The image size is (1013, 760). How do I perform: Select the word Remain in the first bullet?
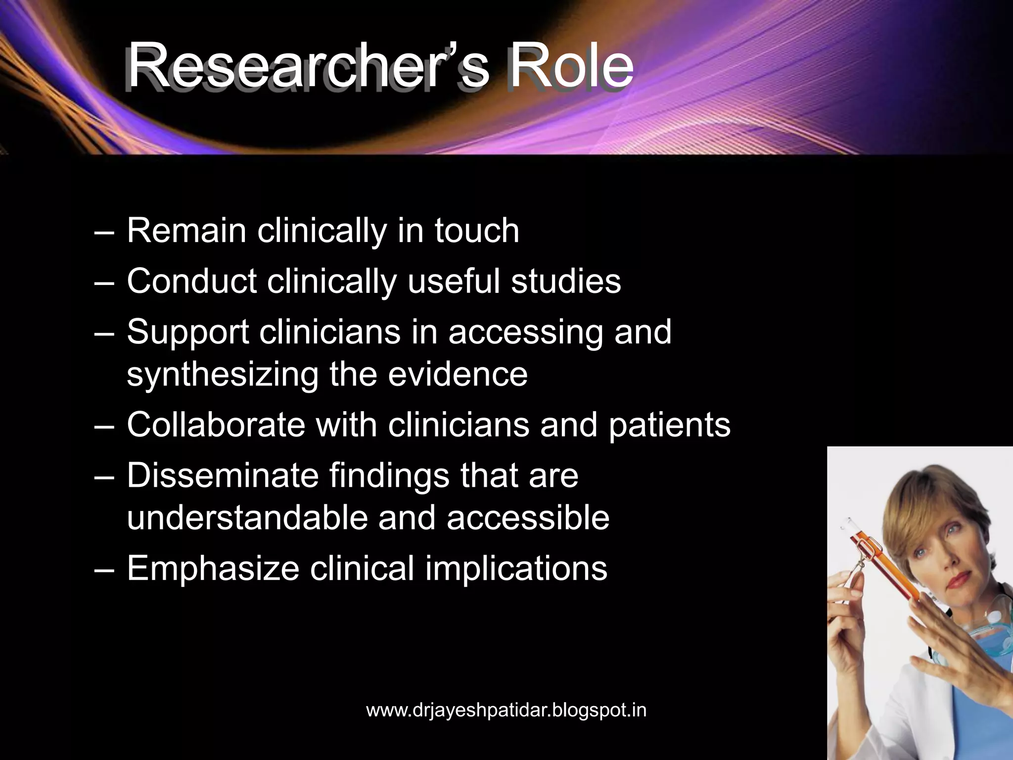186,231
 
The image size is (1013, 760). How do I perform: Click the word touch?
477,231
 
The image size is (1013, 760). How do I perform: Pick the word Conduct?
191,281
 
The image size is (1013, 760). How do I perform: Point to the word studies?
566,281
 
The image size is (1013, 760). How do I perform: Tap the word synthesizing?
223,375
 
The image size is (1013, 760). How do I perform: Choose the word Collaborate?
216,425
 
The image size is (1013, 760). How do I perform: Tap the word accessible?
528,518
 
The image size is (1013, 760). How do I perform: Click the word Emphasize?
213,568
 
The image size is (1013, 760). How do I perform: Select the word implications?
516,569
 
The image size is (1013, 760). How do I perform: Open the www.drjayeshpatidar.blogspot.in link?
506,711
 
